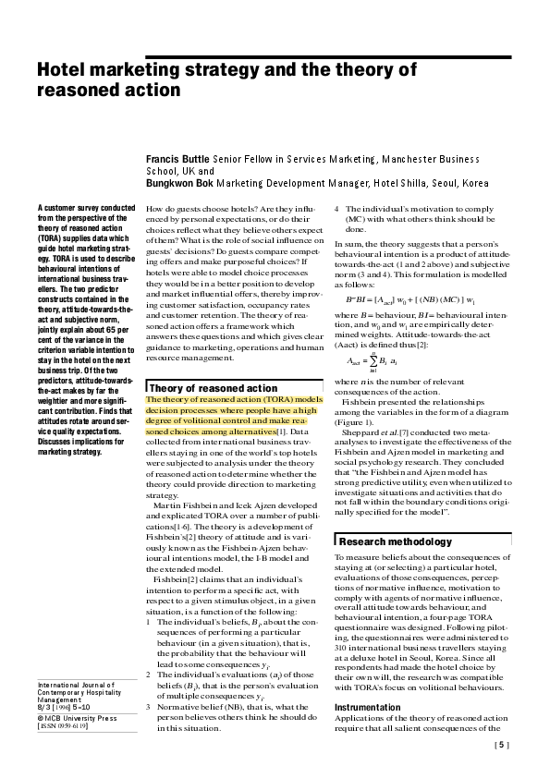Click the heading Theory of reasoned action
click(213, 388)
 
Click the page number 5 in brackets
click(502, 744)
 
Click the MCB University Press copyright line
click(77, 717)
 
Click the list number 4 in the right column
click(336, 210)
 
